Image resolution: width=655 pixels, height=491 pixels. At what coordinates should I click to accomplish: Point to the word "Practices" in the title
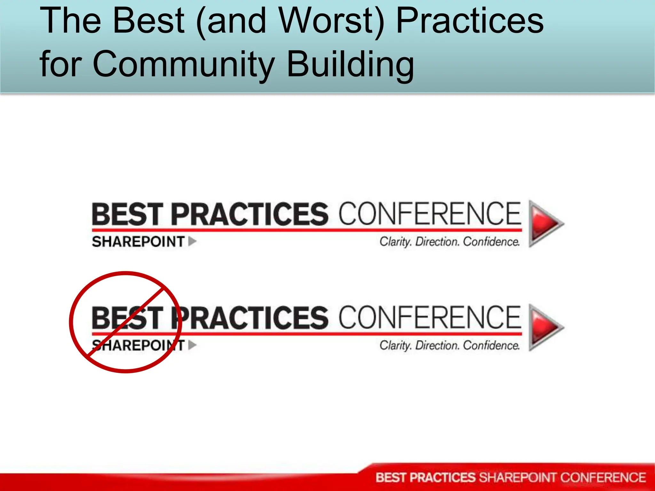(x=470, y=21)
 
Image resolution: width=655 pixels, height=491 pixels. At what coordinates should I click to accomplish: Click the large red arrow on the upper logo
(x=545, y=223)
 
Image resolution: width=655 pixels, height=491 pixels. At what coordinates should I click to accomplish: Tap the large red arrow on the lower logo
(x=545, y=327)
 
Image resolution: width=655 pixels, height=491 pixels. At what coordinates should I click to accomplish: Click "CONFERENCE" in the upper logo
(x=430, y=214)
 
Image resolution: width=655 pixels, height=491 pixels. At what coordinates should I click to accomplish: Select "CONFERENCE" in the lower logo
(x=430, y=317)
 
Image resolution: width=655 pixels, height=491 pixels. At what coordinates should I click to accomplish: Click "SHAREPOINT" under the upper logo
(x=138, y=242)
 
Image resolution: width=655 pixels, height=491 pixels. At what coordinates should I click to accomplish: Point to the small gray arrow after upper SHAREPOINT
(x=192, y=241)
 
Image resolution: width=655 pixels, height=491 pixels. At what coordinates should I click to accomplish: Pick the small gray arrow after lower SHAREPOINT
(x=192, y=345)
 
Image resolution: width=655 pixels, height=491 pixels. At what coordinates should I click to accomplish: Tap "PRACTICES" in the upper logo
(x=250, y=214)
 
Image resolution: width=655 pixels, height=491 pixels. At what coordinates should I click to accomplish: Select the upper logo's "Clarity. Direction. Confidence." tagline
(x=449, y=242)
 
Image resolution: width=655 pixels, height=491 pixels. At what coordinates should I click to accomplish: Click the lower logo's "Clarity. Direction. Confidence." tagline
(x=449, y=346)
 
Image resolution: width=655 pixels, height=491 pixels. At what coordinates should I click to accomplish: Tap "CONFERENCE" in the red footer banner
(x=603, y=478)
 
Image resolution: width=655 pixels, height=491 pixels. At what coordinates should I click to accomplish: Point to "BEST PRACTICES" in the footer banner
(x=426, y=478)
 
